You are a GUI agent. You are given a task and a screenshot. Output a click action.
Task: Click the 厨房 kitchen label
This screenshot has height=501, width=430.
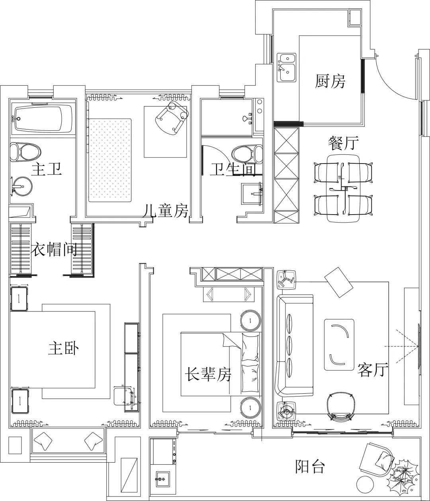point(330,82)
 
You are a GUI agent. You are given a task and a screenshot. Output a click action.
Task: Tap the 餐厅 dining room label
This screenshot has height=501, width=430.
point(343,142)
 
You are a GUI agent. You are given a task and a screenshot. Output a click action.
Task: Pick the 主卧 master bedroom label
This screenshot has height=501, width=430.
point(64,348)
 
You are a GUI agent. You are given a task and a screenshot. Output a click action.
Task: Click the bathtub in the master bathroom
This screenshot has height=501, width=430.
point(43,118)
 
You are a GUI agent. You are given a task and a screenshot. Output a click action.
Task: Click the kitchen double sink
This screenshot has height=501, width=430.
point(286,67)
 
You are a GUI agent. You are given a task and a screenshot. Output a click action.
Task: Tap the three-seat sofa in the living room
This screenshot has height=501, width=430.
point(295,345)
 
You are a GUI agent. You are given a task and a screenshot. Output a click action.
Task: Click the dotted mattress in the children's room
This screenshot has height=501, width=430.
point(110,160)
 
